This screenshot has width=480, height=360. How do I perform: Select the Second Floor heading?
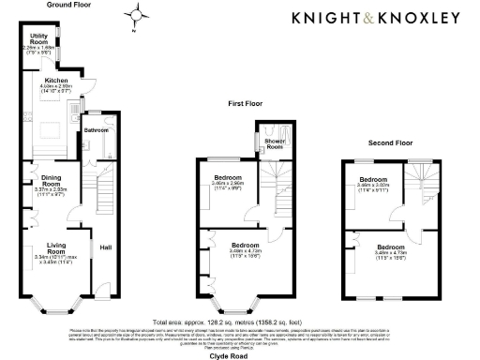pyautogui.click(x=390, y=142)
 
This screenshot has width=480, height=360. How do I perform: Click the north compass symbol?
pyautogui.click(x=137, y=16)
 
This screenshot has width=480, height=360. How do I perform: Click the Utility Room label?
pyautogui.click(x=39, y=41)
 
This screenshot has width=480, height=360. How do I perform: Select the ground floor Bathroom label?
pyautogui.click(x=96, y=130)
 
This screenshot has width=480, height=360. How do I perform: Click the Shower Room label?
pyautogui.click(x=273, y=144)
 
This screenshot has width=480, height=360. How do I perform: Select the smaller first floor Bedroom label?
pyautogui.click(x=228, y=179)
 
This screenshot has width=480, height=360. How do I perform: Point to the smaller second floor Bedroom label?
pyautogui.click(x=374, y=180)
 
